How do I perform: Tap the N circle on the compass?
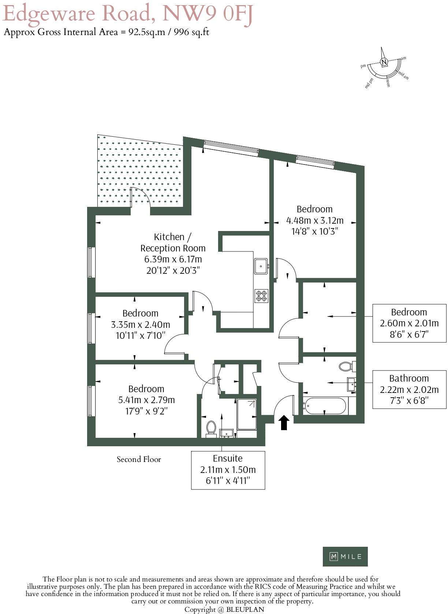coord(384,62)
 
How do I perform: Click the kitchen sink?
coord(261,266)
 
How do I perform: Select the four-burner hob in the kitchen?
coord(261,296)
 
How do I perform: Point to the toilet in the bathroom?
coord(346,366)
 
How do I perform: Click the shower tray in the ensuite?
coord(247,414)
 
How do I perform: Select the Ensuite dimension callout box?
coord(228,470)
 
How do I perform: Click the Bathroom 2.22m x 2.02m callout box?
coord(409,390)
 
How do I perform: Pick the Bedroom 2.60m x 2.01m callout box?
coord(409,323)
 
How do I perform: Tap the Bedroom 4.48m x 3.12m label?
coord(314,220)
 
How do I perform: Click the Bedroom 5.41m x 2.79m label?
coord(146,400)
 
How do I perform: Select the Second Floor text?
coord(139,459)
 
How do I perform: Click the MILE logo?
coord(345,556)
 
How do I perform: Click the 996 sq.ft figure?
coord(191,32)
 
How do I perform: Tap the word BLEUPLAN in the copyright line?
coord(245,609)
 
